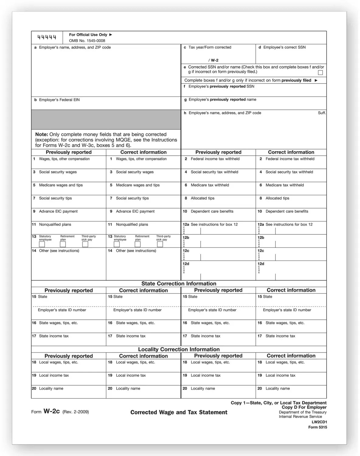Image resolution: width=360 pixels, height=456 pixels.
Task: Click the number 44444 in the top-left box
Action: [x=47, y=37]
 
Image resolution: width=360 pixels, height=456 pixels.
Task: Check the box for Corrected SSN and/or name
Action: [x=320, y=73]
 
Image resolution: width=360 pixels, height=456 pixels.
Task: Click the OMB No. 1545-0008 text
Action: [x=87, y=41]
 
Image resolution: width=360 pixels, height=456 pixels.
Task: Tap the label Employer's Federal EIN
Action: [x=59, y=100]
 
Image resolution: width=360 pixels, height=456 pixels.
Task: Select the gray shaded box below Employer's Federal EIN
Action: [x=106, y=119]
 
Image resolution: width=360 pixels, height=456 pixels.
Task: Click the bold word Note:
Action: [x=42, y=134]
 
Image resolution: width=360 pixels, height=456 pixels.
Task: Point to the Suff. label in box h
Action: [x=322, y=113]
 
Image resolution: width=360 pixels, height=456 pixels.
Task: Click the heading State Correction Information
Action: [x=179, y=284]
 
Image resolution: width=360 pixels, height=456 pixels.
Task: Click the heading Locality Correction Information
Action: [x=179, y=349]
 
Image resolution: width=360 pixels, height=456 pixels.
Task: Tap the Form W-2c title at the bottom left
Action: [x=46, y=412]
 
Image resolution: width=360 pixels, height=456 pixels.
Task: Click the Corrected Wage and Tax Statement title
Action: [x=179, y=412]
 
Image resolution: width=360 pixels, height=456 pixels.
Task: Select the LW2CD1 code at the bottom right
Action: [x=319, y=422]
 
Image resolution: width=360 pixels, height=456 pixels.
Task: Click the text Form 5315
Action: [x=317, y=427]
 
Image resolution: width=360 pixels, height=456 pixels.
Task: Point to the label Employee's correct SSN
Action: [x=284, y=47]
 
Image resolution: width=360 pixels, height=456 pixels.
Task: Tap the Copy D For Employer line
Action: [x=304, y=407]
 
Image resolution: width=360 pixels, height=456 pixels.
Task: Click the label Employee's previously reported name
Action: [x=222, y=99]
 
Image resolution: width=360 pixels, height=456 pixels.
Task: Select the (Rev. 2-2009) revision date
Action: [x=76, y=412]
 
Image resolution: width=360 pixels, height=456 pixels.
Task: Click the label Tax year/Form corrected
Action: [x=210, y=47]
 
